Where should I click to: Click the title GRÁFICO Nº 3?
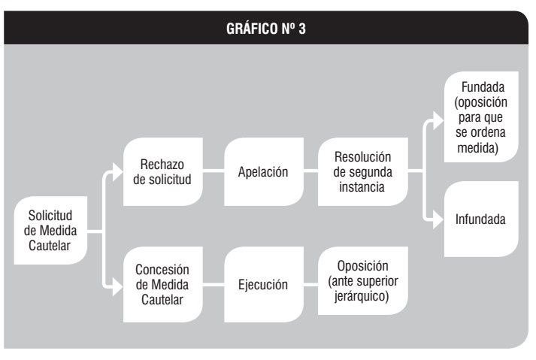coord(266,29)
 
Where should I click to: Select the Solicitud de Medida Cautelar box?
coord(50,231)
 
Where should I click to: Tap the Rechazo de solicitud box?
coord(162,171)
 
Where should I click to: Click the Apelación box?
coord(264,171)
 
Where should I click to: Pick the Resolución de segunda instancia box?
coord(362,171)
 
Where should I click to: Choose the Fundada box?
coord(481,117)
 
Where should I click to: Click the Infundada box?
coord(481,219)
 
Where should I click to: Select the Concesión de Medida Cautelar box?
coord(162,284)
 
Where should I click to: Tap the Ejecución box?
coord(264,284)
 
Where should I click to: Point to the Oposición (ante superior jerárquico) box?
coord(362,280)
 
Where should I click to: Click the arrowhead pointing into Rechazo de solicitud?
coord(117,172)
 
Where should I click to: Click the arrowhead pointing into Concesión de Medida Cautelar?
coord(117,286)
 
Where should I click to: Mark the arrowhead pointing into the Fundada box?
coord(438,121)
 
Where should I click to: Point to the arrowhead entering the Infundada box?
coord(438,219)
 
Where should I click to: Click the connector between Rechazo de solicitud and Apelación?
coord(213,171)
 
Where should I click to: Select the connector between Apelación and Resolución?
coord(310,171)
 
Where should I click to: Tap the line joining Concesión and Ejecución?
coord(213,284)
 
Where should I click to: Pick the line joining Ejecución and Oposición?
coord(310,284)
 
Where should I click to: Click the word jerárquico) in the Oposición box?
coord(362,296)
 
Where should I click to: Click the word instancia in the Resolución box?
coord(362,187)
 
